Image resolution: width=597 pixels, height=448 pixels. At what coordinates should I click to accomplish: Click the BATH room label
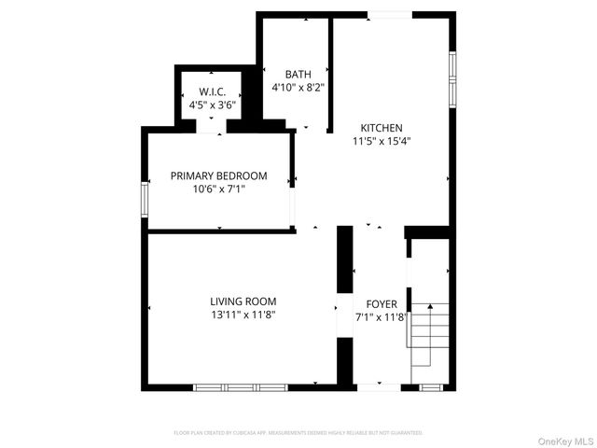tap(298, 75)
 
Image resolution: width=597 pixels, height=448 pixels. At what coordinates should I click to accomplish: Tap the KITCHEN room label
tap(382, 128)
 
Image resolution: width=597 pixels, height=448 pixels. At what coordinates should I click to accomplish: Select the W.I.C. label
tap(213, 91)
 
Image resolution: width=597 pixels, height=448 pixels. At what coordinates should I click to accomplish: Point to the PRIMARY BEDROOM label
tap(218, 175)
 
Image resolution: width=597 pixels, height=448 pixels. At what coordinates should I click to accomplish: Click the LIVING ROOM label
tap(243, 301)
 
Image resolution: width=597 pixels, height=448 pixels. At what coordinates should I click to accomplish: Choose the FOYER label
tap(382, 304)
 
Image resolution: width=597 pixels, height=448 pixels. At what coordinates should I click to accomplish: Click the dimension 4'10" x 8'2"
tap(298, 88)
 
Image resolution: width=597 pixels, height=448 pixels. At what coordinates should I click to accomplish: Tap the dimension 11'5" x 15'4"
tap(382, 142)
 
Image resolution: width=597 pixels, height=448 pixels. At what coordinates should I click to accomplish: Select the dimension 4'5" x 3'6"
tap(213, 105)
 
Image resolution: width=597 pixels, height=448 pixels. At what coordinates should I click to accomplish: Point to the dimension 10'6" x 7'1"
tap(218, 189)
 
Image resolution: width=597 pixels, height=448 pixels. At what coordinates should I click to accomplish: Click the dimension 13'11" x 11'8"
tap(243, 315)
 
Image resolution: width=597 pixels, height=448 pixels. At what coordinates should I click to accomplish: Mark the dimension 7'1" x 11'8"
tap(382, 317)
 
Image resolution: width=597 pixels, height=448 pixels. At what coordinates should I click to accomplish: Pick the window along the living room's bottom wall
tap(241, 386)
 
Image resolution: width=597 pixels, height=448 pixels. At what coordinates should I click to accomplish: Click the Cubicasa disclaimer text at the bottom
tap(298, 433)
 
